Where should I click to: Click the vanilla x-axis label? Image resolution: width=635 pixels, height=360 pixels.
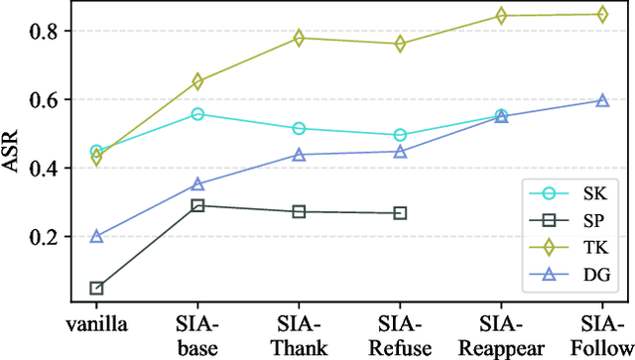(x=96, y=323)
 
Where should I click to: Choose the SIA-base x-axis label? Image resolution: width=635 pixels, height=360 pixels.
(x=197, y=332)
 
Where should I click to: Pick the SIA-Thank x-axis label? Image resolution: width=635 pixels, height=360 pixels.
(x=299, y=332)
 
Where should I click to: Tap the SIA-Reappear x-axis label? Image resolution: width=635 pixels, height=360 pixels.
(x=501, y=332)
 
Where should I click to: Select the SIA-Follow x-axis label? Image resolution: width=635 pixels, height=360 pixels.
(x=602, y=332)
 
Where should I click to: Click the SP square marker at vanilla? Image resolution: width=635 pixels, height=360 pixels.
(x=96, y=289)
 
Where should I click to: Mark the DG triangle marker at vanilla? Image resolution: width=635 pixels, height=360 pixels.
(x=96, y=236)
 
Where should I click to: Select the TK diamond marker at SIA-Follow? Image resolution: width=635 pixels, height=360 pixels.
(x=602, y=14)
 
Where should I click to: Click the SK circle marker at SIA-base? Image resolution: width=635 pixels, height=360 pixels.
(x=197, y=114)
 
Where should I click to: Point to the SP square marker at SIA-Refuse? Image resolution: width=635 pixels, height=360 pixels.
(x=400, y=213)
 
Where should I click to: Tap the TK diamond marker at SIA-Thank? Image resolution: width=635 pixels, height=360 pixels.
(x=299, y=38)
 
